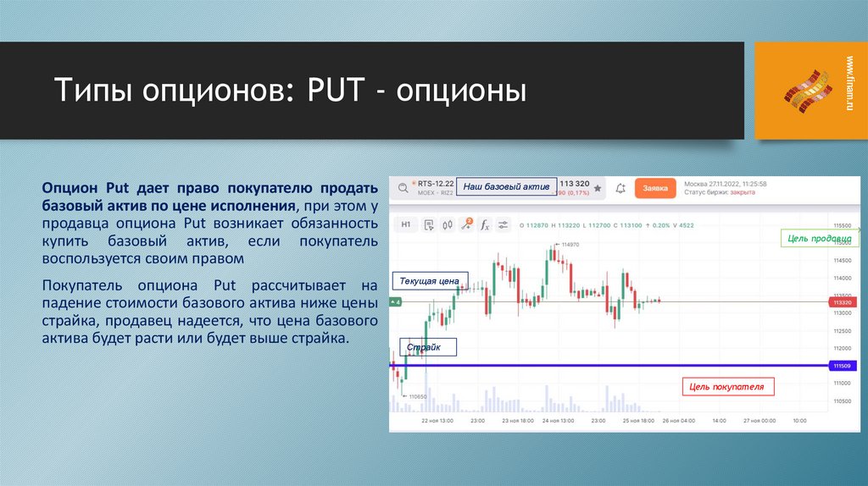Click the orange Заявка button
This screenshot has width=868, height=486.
click(x=655, y=188)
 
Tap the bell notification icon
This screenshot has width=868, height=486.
click(x=620, y=188)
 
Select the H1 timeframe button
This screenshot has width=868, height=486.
click(x=406, y=225)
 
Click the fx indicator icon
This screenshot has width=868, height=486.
click(x=485, y=225)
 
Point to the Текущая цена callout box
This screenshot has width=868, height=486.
click(x=429, y=281)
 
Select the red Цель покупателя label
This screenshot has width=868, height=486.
click(x=726, y=387)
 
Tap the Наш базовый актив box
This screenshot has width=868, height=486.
click(x=507, y=186)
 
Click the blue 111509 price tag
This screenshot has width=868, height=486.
click(x=840, y=366)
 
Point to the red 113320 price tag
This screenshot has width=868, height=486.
click(x=841, y=301)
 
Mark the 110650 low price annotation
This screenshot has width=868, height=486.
click(x=417, y=396)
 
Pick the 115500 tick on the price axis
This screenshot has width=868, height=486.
click(x=841, y=225)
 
